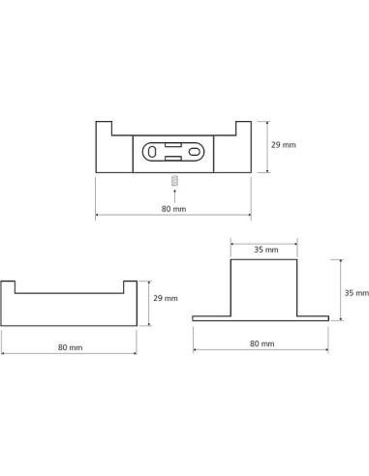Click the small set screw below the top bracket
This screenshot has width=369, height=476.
click(174, 181)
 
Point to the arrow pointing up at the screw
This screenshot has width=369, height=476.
click(174, 196)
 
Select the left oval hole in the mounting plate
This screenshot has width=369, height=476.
click(152, 152)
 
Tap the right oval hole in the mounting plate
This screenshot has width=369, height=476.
click(194, 152)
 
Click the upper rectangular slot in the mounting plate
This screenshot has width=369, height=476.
click(173, 145)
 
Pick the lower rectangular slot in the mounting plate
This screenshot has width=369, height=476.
click(173, 158)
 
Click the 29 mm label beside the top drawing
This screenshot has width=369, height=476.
click(284, 145)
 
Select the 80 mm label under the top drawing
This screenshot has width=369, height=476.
click(173, 209)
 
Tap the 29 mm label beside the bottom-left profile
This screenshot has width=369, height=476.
click(166, 298)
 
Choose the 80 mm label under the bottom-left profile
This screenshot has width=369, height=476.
click(70, 347)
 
